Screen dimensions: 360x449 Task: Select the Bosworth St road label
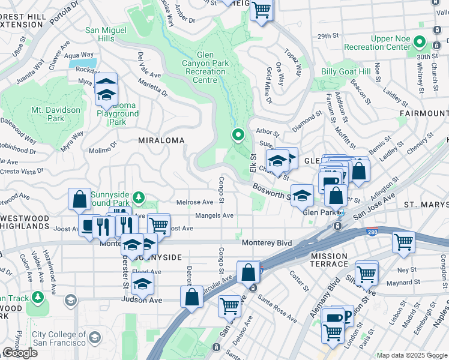tap(271, 192)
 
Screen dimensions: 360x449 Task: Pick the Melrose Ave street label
tap(194, 202)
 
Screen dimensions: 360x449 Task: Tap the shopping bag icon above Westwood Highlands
tap(79, 199)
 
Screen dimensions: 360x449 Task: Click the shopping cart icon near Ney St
tap(403, 242)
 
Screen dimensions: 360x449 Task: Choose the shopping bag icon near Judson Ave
tap(191, 296)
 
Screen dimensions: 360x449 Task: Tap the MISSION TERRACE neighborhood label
tap(329, 260)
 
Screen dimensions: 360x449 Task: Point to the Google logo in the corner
tap(20, 353)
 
